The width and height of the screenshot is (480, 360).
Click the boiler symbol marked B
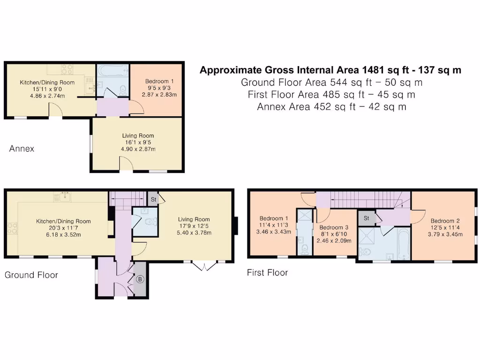[140, 279]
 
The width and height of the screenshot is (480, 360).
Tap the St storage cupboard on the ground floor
[153, 199]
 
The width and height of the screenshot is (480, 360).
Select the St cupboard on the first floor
[367, 218]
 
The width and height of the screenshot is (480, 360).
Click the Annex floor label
[22, 149]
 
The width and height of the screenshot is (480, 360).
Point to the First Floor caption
[268, 272]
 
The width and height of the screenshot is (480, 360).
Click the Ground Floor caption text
[31, 275]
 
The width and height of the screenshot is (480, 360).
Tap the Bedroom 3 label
[334, 227]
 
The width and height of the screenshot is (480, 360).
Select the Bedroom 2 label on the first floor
[445, 221]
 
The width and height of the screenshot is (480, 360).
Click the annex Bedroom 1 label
[159, 81]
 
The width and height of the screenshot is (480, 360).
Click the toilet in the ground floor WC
[150, 222]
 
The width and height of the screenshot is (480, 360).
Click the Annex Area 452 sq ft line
[331, 107]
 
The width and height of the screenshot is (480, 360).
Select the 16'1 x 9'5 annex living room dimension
[138, 142]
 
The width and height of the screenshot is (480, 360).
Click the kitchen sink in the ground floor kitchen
[65, 196]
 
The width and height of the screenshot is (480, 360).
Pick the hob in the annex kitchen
[67, 69]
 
